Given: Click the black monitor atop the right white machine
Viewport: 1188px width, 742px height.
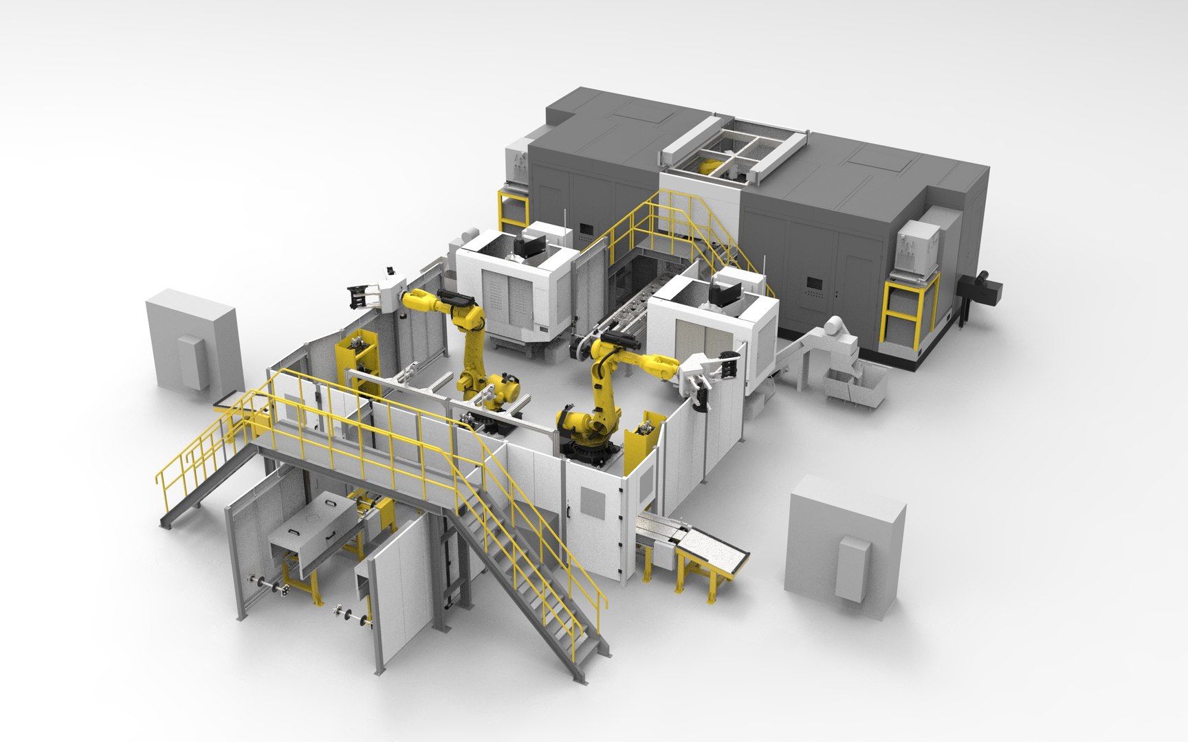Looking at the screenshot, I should point(723,293).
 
